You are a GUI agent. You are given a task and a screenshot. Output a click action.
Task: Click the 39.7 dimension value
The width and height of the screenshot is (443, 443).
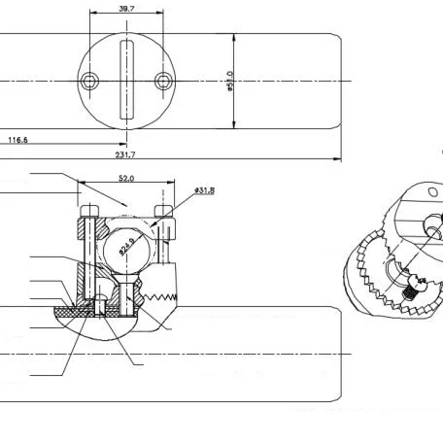click(x=126, y=10)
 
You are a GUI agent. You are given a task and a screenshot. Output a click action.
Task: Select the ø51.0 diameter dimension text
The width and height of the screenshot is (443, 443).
click(x=230, y=81)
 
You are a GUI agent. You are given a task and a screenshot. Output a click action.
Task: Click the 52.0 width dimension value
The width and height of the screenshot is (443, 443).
click(x=126, y=179)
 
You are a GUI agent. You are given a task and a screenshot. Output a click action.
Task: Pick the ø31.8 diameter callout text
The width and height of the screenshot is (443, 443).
click(x=204, y=189)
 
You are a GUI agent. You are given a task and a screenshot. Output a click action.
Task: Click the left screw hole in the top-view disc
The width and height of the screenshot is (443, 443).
click(x=89, y=80)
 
